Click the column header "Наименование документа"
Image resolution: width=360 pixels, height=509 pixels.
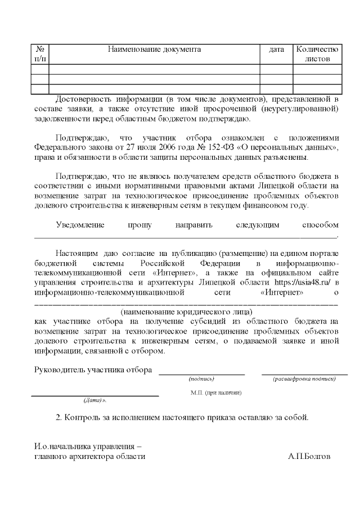tap(154, 49)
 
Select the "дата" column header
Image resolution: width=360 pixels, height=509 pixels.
tap(276, 49)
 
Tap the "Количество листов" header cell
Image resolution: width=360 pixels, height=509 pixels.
tap(317, 54)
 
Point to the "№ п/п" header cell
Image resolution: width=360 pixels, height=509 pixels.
tap(40, 54)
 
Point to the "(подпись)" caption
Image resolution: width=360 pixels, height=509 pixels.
tap(201, 379)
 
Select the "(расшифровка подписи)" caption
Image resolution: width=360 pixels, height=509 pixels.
tap(304, 379)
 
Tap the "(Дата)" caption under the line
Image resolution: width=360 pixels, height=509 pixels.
tap(94, 401)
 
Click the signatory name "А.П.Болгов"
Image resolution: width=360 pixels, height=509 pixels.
tap(309, 456)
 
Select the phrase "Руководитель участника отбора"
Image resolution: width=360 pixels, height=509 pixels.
tap(93, 370)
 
